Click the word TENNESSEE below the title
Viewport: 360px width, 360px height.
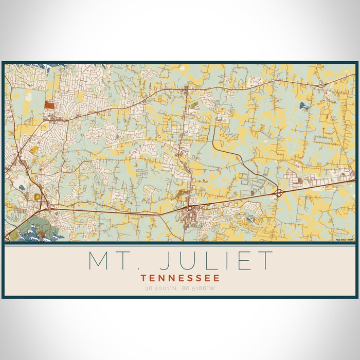click(x=180, y=278)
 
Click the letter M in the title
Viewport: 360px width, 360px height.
click(x=99, y=261)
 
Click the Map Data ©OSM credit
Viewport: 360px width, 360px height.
click(x=344, y=240)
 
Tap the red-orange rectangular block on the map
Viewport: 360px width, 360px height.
click(x=49, y=104)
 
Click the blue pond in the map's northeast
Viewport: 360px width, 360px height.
click(x=304, y=106)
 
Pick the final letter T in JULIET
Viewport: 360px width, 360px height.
click(x=265, y=261)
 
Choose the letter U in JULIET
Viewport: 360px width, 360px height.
click(x=187, y=261)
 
